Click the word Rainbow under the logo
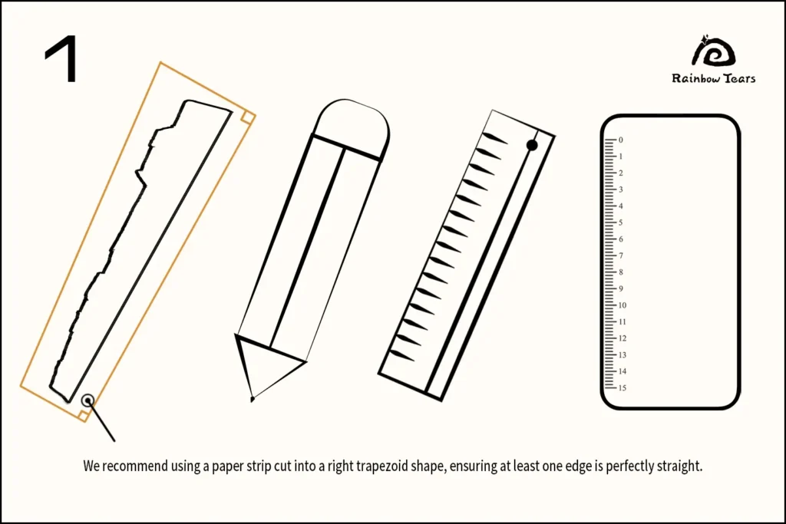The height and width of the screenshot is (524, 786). [695, 78]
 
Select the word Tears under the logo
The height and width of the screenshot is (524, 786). [739, 77]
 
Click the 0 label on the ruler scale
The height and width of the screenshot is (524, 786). [620, 140]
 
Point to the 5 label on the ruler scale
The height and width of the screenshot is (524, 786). [620, 222]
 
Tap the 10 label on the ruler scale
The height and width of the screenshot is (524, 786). [622, 305]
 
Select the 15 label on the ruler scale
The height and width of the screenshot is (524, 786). [622, 387]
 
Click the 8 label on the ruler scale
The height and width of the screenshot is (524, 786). [620, 272]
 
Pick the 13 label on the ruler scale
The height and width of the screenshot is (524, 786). [622, 354]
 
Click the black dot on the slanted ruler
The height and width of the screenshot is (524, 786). [532, 145]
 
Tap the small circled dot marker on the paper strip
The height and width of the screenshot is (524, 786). [88, 400]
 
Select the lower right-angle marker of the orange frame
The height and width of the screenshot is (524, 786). [84, 415]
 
